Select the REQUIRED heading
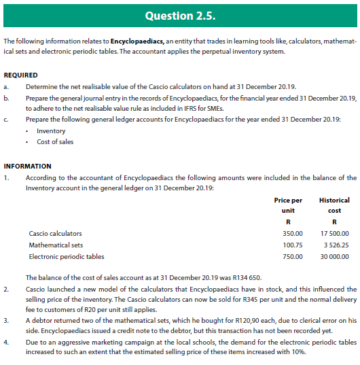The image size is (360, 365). (20, 75)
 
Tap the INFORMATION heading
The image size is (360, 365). (27, 166)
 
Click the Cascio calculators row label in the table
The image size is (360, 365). (55, 234)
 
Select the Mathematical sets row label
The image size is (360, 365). (56, 245)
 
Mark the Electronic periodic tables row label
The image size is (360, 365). (67, 257)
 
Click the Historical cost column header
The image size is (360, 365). (334, 205)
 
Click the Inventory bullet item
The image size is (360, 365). (51, 131)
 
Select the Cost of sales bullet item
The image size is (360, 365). (55, 141)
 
